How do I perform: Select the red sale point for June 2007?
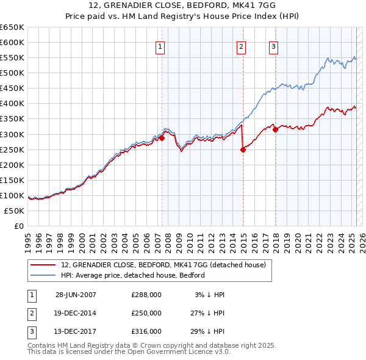(x=162, y=138)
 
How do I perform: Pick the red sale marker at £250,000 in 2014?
(x=243, y=149)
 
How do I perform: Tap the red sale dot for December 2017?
(x=275, y=129)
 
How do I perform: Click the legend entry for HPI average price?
(x=132, y=275)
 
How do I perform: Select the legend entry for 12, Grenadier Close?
(x=163, y=265)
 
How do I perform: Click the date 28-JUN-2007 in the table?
(x=76, y=294)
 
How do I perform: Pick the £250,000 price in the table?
(x=146, y=312)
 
